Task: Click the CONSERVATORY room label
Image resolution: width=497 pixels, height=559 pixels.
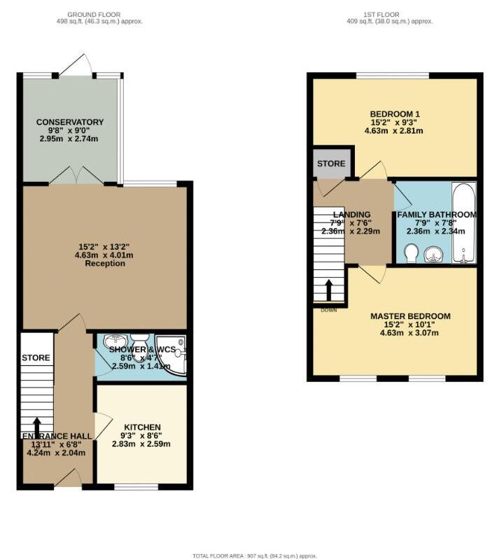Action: point(70,122)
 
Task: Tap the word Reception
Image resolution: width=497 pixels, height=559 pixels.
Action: point(105,264)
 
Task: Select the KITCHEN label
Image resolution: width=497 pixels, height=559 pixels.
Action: point(143,427)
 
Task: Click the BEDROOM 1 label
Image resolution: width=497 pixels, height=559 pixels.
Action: point(395,114)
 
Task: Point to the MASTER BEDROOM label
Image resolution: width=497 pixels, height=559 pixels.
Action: point(410,316)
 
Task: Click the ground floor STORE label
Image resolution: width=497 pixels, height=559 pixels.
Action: point(36,358)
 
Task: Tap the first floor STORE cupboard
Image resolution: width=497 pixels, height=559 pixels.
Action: point(331,164)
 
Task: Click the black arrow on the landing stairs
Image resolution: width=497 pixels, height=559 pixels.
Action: point(328,290)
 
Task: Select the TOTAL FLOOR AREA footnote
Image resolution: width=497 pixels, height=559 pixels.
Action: point(248,556)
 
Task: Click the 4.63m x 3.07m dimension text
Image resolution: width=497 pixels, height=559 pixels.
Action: point(410,333)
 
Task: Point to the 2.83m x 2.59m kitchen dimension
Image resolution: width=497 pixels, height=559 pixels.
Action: point(143,444)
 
